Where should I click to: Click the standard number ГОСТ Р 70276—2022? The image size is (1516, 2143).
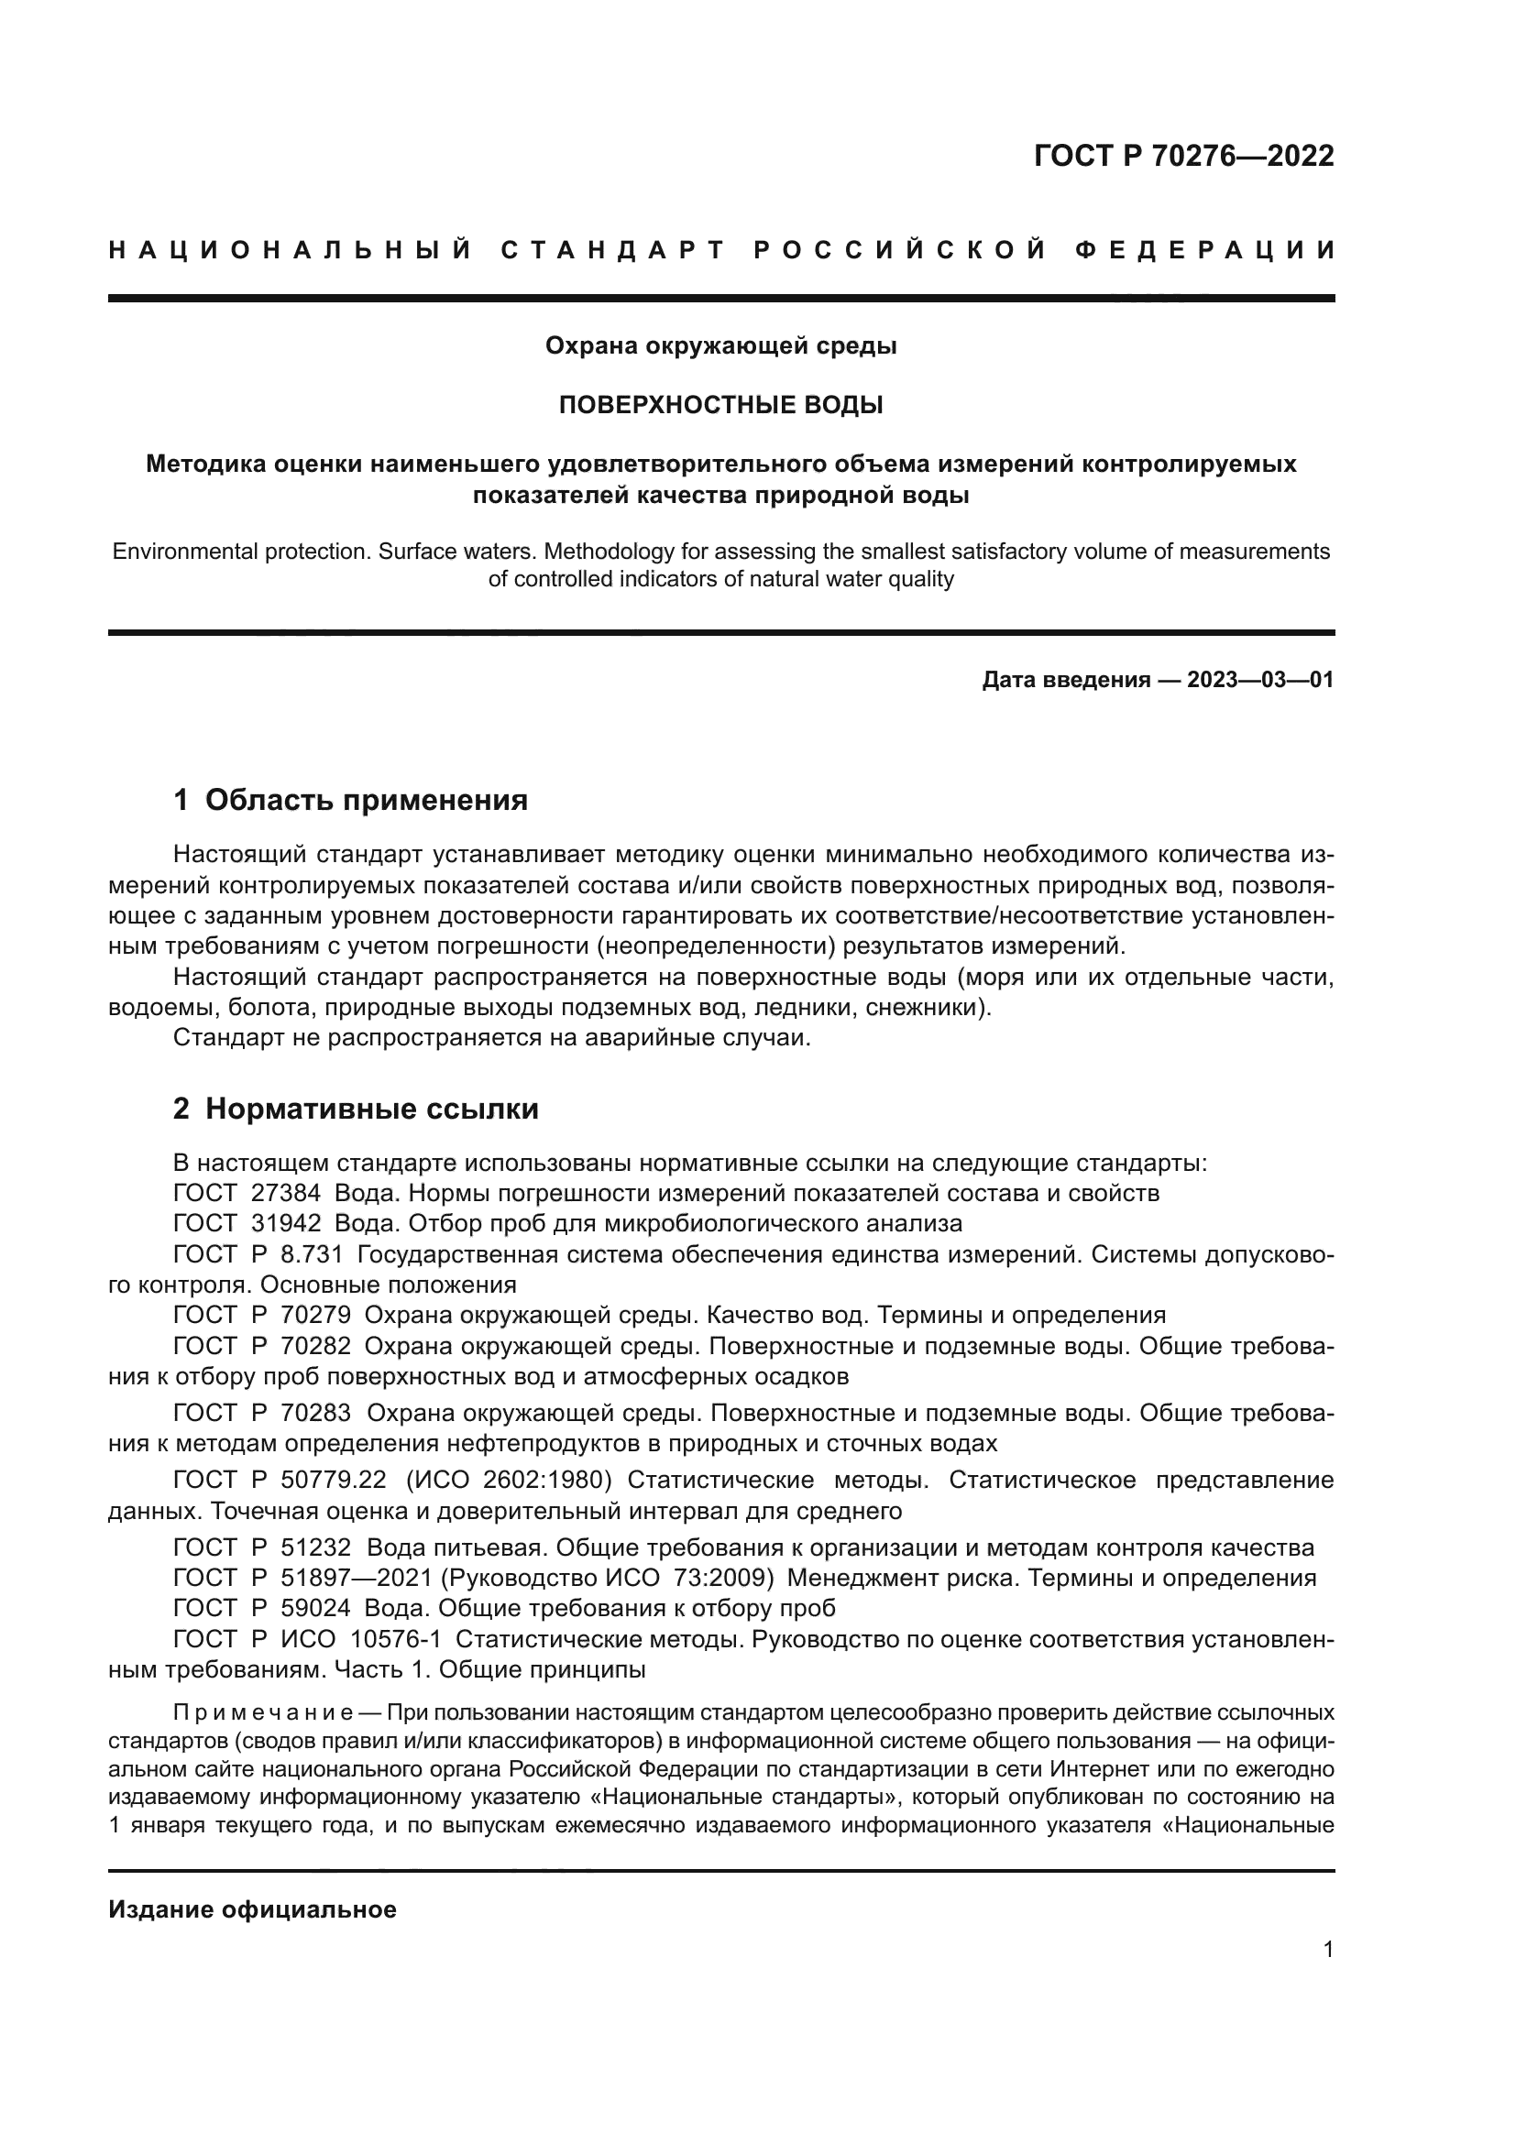tap(1183, 156)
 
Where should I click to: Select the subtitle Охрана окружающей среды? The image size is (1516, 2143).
tap(720, 346)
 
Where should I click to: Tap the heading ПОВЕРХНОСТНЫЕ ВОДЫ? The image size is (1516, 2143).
tap(720, 405)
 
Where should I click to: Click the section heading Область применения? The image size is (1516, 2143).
tap(366, 800)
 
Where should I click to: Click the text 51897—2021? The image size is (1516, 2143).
tap(357, 1579)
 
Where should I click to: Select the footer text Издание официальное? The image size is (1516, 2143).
tap(252, 1909)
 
